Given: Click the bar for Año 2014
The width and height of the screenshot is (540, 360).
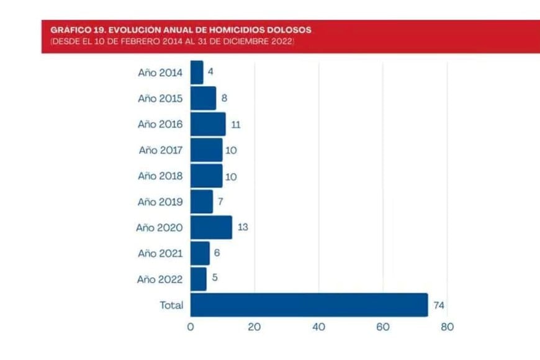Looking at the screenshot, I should (x=197, y=72).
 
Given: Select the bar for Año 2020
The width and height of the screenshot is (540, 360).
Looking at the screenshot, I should (x=211, y=227).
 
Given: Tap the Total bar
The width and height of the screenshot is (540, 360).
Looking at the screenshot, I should (x=309, y=305).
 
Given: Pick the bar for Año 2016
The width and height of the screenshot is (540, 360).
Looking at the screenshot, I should (x=208, y=124).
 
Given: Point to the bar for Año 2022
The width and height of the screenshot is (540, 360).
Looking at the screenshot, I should (x=199, y=279).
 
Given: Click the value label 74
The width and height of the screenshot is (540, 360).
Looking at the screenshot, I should (x=439, y=305).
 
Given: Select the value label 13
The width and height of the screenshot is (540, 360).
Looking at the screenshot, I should (x=243, y=227).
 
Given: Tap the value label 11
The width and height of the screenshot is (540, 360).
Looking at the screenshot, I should (x=235, y=124).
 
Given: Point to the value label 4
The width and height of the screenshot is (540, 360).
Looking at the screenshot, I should (x=211, y=72).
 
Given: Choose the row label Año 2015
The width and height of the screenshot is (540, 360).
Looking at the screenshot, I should (x=160, y=98).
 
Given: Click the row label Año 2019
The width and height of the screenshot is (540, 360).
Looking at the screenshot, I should (x=160, y=202).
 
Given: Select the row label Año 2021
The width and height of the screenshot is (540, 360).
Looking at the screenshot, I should (x=160, y=253).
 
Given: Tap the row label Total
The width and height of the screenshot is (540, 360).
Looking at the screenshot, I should (x=171, y=305).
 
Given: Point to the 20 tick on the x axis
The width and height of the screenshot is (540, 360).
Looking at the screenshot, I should (x=254, y=327).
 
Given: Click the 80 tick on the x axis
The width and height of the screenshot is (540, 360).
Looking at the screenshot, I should (x=447, y=327).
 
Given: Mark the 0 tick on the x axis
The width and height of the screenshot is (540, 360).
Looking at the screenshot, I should (x=191, y=327).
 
